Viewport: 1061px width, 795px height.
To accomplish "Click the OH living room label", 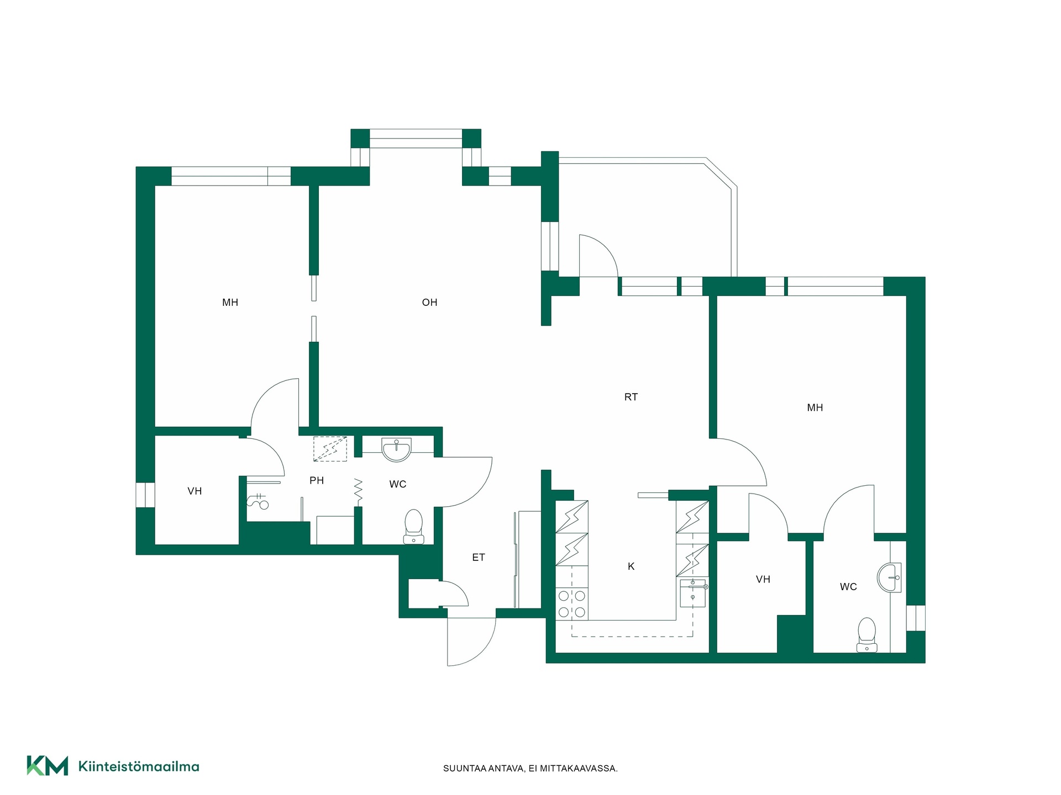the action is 429,303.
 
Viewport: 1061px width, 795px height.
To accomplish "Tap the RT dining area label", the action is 631,397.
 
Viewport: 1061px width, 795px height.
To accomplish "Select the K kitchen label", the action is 631,566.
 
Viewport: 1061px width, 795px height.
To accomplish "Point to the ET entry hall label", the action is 479,558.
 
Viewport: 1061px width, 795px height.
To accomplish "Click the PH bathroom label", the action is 317,481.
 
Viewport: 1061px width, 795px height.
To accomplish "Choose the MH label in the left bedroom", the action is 230,303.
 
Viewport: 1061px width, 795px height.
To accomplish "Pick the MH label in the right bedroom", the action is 815,408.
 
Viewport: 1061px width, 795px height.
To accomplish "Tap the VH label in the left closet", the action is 195,491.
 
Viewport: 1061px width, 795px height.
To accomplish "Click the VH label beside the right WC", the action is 763,580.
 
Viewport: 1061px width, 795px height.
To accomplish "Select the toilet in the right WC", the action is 866,635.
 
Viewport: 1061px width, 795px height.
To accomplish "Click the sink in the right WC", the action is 889,577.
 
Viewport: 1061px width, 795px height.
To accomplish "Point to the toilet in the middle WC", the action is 413,527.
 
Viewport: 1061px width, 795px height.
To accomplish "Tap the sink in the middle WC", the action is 397,449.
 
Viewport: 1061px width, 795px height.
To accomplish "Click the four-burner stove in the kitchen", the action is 572,604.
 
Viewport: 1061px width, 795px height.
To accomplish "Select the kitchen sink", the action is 693,593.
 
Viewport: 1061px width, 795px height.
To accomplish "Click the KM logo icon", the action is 48,766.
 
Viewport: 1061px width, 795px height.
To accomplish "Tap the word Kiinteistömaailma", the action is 139,766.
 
